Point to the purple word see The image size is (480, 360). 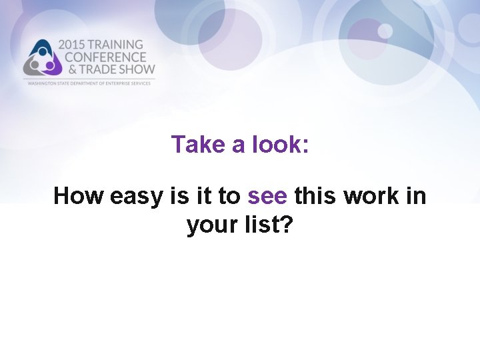click(x=267, y=197)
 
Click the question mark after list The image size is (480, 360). click(x=287, y=225)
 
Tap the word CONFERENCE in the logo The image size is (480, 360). click(x=101, y=57)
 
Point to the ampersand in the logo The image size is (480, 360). click(x=63, y=69)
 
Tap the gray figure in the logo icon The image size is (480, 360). click(x=31, y=65)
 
